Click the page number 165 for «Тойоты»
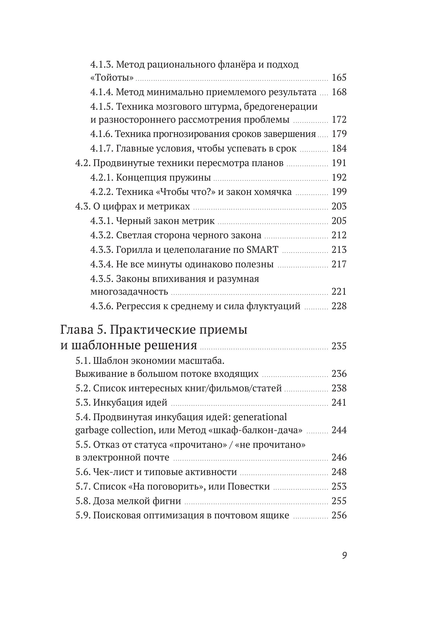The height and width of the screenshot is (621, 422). click(339, 78)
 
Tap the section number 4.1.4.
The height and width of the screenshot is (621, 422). click(102, 92)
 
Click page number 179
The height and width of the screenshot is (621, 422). click(339, 134)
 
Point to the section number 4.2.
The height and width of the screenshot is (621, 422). click(83, 163)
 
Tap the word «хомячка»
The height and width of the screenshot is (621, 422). click(272, 192)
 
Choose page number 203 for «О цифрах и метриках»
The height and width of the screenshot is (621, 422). click(339, 206)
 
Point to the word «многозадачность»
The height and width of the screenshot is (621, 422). click(129, 292)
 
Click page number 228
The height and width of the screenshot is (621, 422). click(339, 306)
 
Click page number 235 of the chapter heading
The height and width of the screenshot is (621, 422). click(339, 346)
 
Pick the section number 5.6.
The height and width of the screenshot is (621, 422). click(83, 472)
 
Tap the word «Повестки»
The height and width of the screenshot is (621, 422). click(249, 486)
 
